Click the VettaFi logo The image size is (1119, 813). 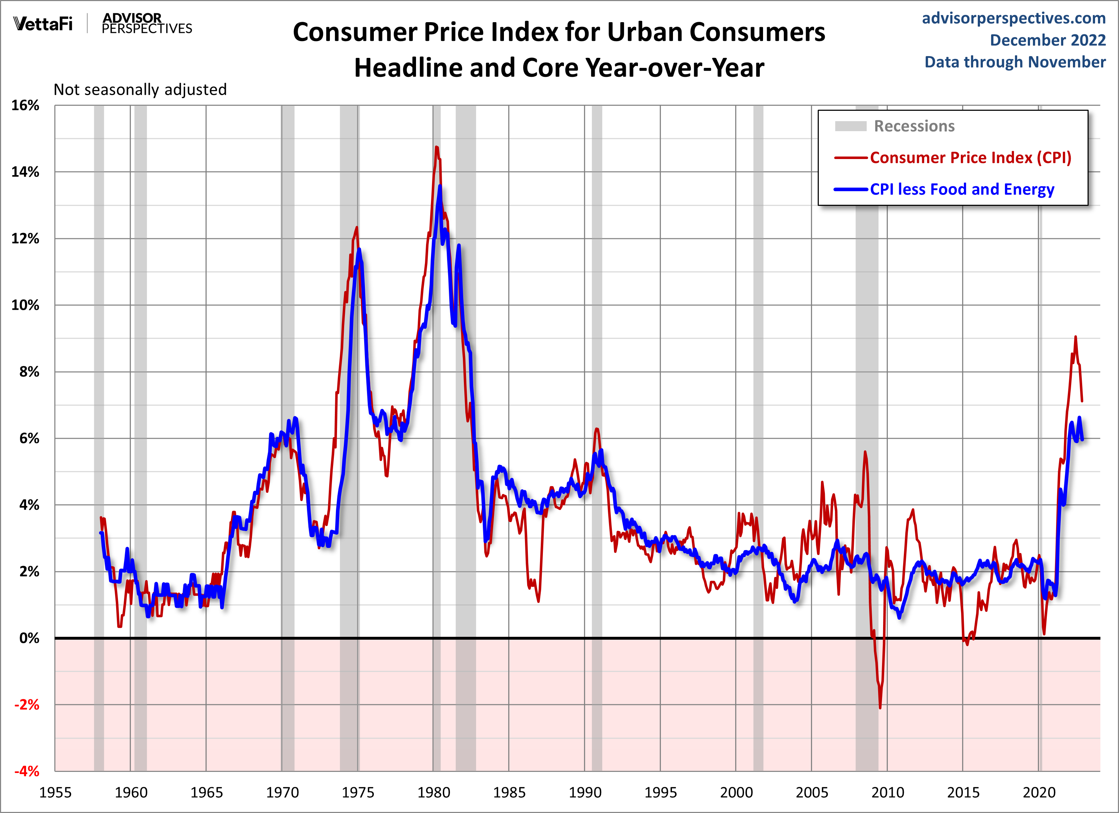[43, 24]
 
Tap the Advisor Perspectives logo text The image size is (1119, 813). [147, 24]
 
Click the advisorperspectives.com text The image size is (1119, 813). [1014, 18]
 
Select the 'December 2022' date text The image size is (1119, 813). [1048, 40]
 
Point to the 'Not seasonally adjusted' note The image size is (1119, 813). [140, 90]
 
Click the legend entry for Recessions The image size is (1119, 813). [914, 126]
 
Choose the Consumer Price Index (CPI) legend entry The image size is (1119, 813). [970, 158]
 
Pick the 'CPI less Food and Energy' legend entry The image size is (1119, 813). [962, 189]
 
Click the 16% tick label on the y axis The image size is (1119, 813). [25, 105]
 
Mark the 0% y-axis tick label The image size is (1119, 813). [29, 638]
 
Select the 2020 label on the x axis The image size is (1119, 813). [1039, 793]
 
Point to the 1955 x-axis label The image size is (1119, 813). [55, 793]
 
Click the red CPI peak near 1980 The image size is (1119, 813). [436, 147]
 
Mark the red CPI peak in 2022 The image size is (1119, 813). [1075, 337]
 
